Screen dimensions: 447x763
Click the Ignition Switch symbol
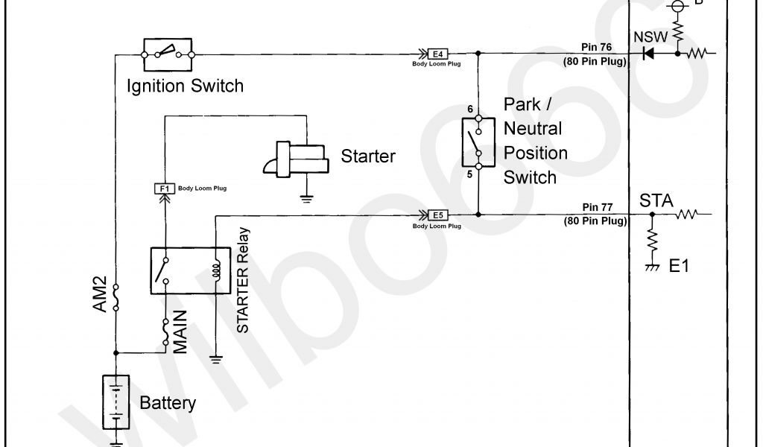pyautogui.click(x=168, y=53)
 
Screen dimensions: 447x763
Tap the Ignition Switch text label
pyautogui.click(x=185, y=86)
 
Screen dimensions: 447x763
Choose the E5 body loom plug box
pyautogui.click(x=438, y=215)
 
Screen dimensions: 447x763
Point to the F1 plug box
pyautogui.click(x=164, y=188)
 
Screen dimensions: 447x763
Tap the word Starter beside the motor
pyautogui.click(x=368, y=156)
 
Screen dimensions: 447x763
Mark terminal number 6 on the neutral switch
pyautogui.click(x=469, y=110)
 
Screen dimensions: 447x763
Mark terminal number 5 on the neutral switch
pyautogui.click(x=469, y=174)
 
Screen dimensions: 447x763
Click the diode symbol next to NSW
pyautogui.click(x=648, y=53)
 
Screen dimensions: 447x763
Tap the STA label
pyautogui.click(x=656, y=200)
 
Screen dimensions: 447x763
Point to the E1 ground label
pyautogui.click(x=680, y=266)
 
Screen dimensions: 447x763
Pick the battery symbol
pyautogui.click(x=115, y=403)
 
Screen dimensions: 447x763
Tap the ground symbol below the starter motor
pyautogui.click(x=305, y=198)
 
